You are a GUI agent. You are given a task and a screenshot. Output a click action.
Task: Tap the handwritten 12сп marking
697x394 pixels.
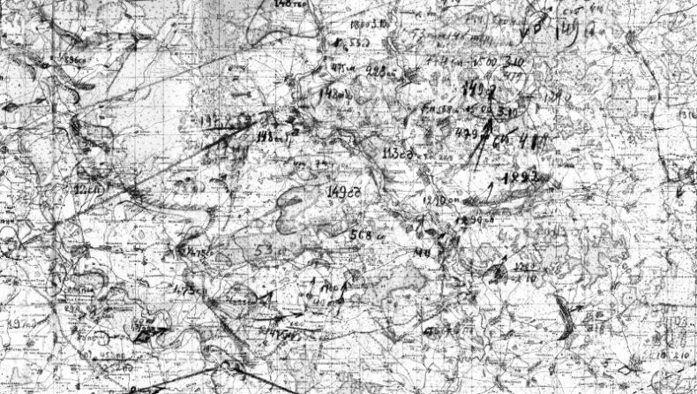(x=86, y=189)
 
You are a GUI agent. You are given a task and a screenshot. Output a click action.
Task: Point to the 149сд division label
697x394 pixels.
(x=341, y=192)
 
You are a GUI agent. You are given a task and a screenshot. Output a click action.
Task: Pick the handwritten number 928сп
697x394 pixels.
(x=379, y=72)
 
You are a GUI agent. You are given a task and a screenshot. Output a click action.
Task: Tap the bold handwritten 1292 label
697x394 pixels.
(x=519, y=177)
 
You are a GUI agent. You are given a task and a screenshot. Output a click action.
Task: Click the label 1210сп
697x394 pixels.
(x=438, y=201)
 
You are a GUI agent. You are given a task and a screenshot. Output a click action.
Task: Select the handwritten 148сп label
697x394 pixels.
(x=337, y=92)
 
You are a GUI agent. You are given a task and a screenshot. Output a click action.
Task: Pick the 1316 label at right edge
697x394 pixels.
(x=686, y=115)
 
